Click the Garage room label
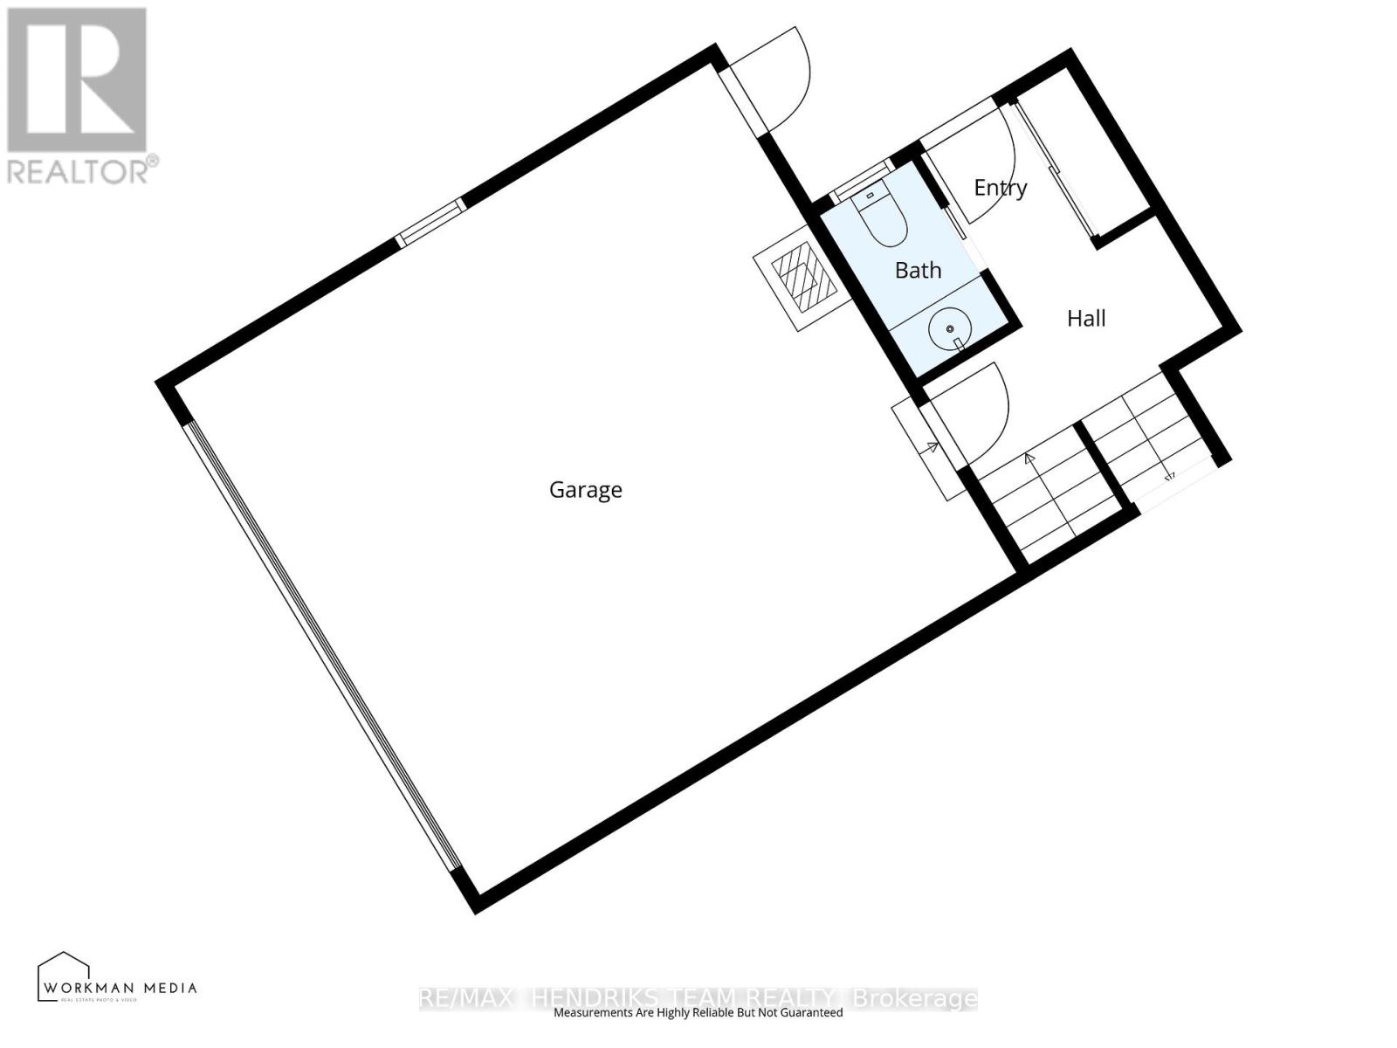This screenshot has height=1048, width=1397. click(x=585, y=490)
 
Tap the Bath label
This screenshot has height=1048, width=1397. click(x=918, y=271)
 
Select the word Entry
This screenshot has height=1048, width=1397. click(x=1000, y=188)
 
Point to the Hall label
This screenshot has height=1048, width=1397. click(x=1086, y=319)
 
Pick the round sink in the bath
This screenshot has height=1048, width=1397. click(x=948, y=330)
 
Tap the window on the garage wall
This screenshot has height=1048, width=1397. click(x=430, y=222)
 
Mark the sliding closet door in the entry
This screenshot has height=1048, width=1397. click(x=1051, y=166)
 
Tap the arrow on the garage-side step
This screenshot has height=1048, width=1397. click(x=932, y=449)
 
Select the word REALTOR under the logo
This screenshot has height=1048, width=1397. click(x=79, y=170)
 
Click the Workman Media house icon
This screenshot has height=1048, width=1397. click(x=64, y=974)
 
